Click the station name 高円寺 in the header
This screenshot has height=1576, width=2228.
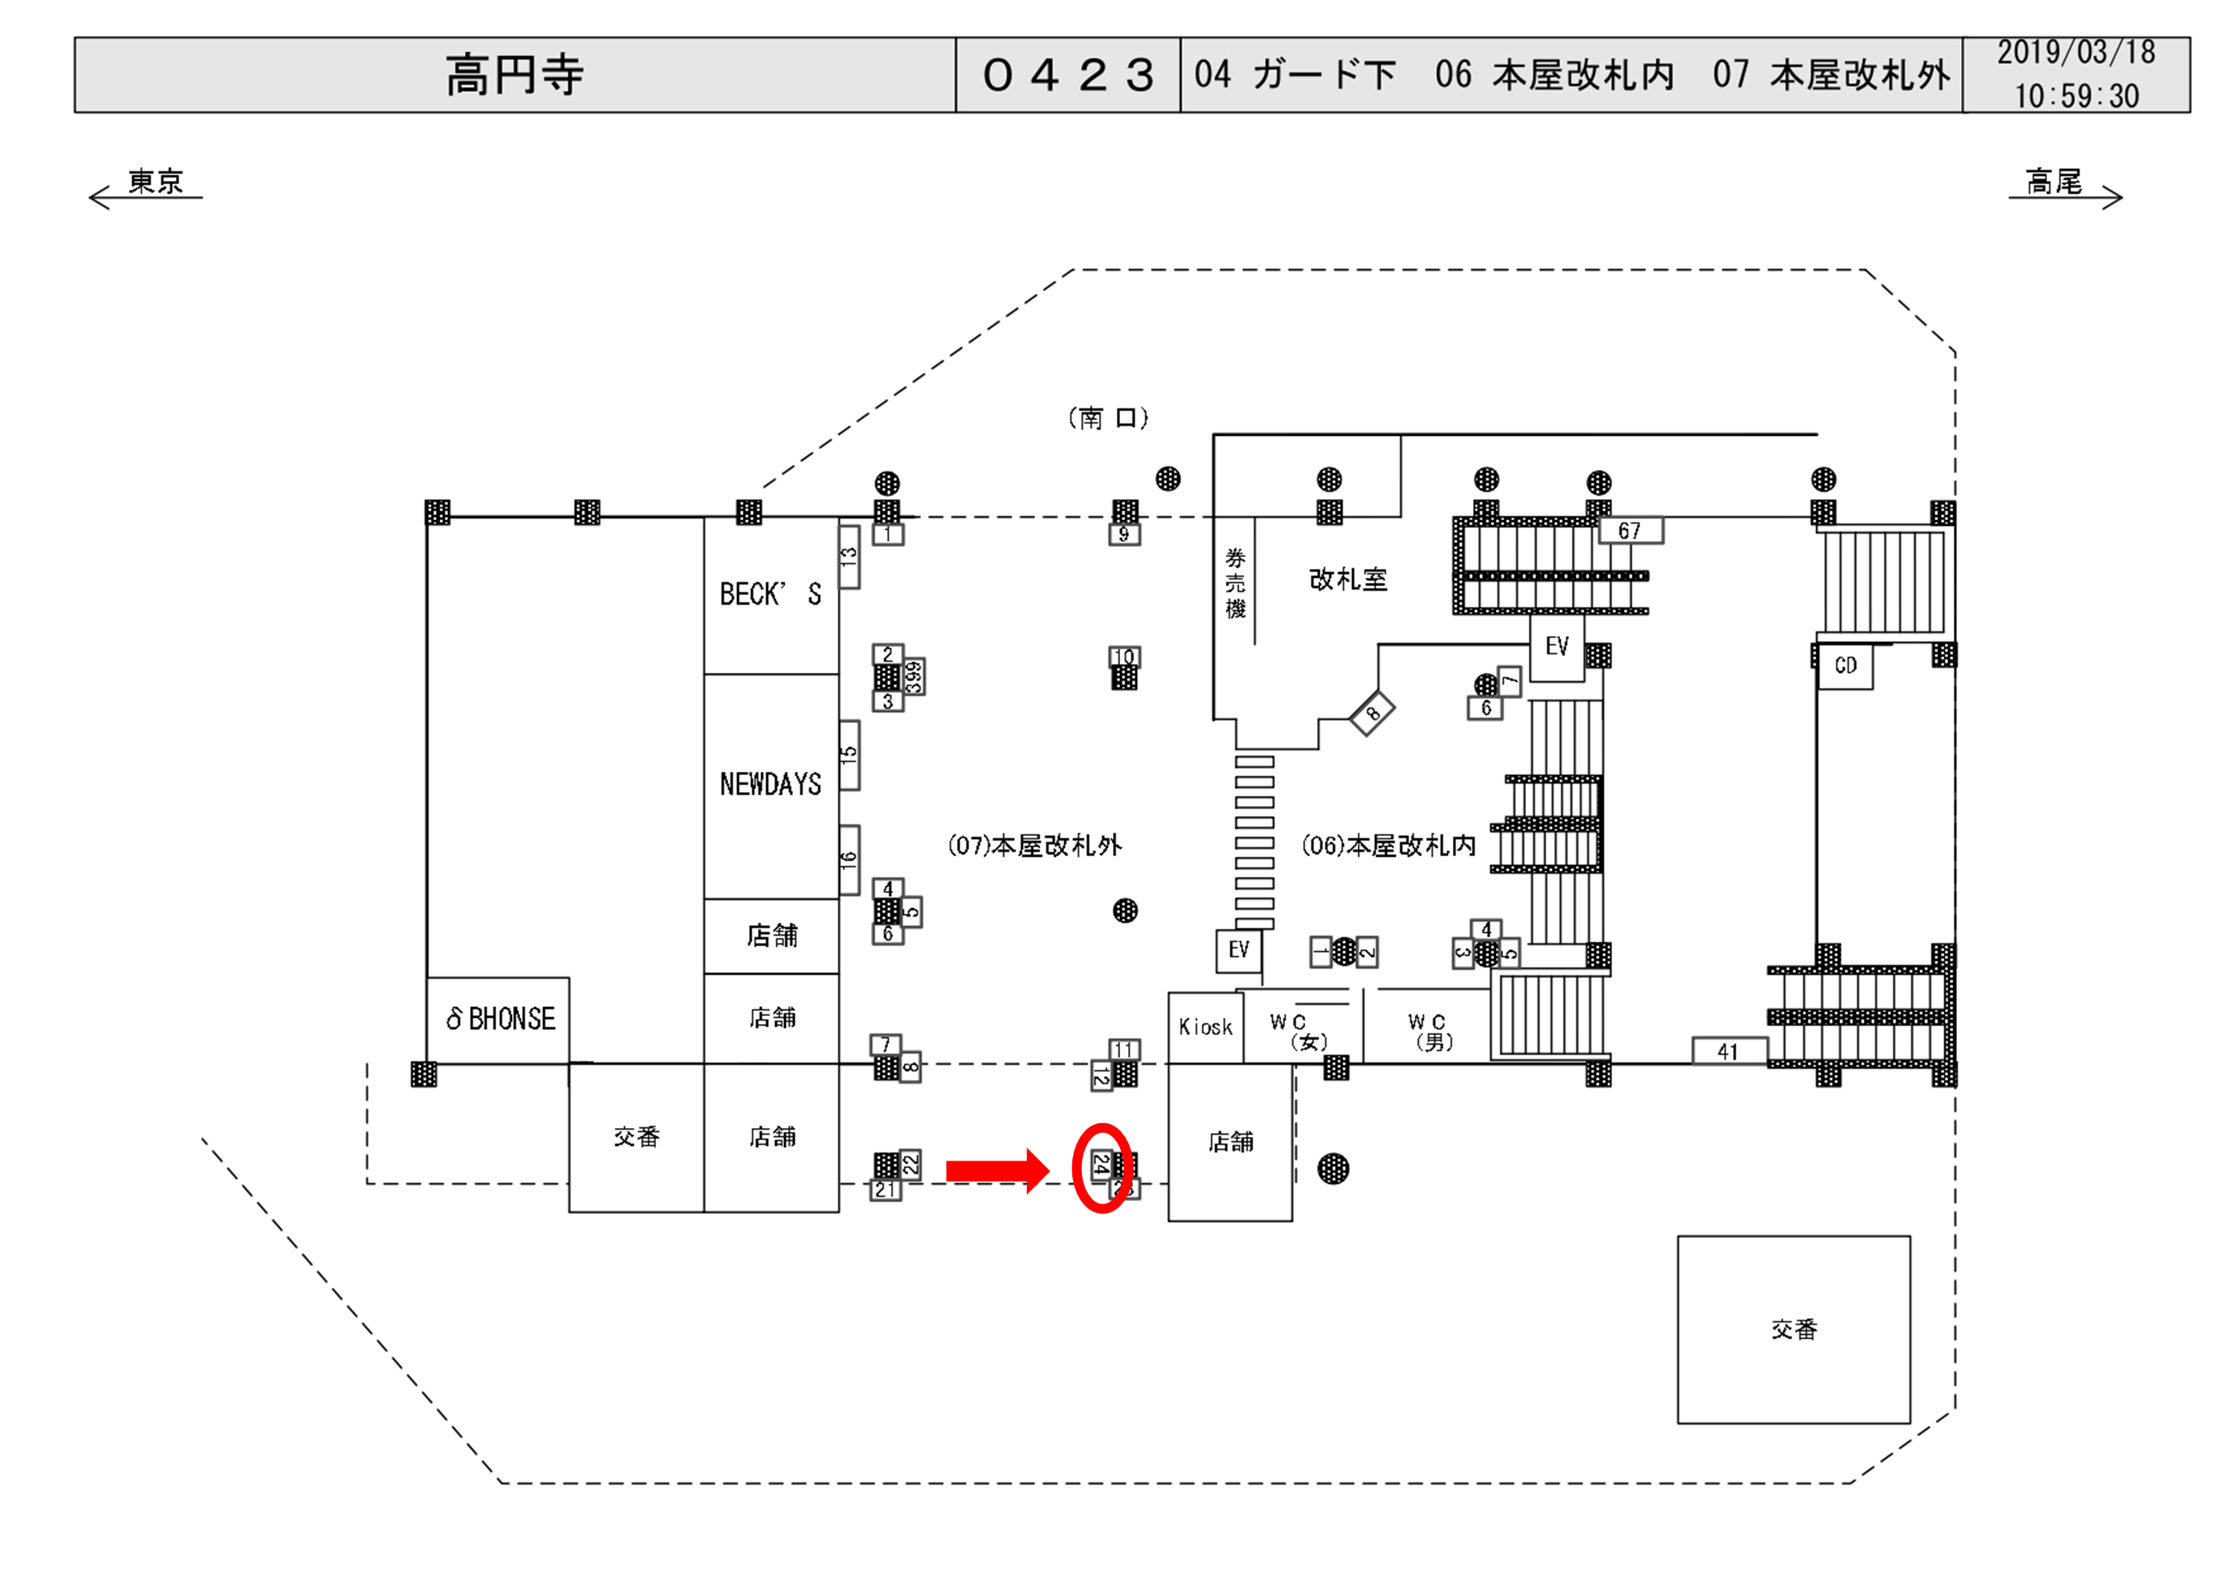pyautogui.click(x=515, y=75)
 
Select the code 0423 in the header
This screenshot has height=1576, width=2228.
pyautogui.click(x=1067, y=75)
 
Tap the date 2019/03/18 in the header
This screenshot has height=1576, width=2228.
pyautogui.click(x=2075, y=54)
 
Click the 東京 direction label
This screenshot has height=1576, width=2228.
pyautogui.click(x=155, y=182)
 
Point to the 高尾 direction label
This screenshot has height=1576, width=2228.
pyautogui.click(x=2053, y=182)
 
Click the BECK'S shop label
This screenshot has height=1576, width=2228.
pyautogui.click(x=770, y=594)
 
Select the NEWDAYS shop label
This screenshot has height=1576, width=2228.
pyautogui.click(x=770, y=784)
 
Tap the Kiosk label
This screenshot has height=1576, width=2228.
pyautogui.click(x=1205, y=1027)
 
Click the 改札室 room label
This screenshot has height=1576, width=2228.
pyautogui.click(x=1348, y=579)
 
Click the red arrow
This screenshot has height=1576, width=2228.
pyautogui.click(x=997, y=1170)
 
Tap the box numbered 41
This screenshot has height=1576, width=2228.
pyautogui.click(x=1728, y=1051)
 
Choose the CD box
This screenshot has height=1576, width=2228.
pyautogui.click(x=1845, y=665)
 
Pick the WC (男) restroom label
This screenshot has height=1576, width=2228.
pyautogui.click(x=1430, y=1031)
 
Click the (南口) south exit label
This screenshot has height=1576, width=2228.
pyautogui.click(x=1108, y=418)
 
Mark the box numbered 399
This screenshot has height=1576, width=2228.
pyautogui.click(x=913, y=676)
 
